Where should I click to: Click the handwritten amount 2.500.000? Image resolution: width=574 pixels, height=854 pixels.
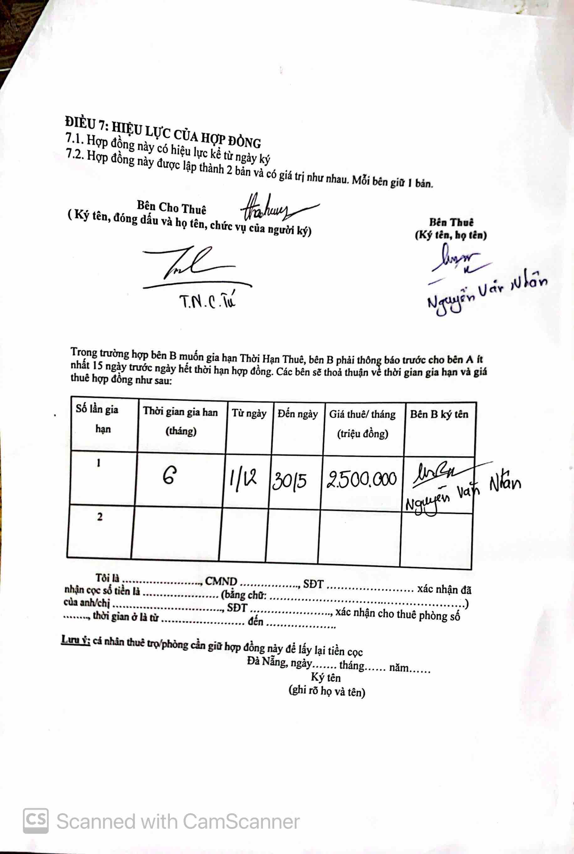coord(362,479)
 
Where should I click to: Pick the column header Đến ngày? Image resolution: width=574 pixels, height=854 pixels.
coord(298,414)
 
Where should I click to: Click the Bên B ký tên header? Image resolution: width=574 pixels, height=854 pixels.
coord(439,414)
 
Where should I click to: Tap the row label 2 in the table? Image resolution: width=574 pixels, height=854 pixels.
coord(100,517)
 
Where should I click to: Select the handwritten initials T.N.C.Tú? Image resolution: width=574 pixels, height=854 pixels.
coord(207,302)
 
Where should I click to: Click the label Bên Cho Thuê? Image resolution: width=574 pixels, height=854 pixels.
coord(171,207)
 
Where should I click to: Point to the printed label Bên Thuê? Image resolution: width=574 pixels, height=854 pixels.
coord(451,222)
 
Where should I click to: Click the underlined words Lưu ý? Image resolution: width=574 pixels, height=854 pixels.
coord(76,640)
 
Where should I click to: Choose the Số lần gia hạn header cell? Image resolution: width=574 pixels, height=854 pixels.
coord(97,419)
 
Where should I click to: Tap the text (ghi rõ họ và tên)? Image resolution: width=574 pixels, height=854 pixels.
coord(327,692)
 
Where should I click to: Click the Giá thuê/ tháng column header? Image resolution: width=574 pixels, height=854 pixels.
coord(363,424)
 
